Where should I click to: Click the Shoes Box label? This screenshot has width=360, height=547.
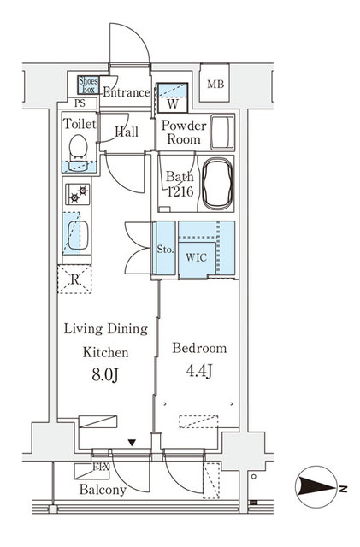tap(88, 85)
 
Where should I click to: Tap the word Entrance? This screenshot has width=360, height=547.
tap(126, 92)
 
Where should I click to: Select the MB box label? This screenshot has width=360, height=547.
tap(215, 84)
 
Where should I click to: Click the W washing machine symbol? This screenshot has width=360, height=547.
tap(172, 105)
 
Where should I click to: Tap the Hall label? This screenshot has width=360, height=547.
tap(127, 132)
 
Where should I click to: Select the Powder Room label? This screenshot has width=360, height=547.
tap(181, 132)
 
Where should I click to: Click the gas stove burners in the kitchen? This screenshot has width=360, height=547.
tap(78, 195)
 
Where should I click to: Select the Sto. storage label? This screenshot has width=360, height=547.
tap(166, 250)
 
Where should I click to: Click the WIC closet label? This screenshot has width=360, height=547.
tap(197, 256)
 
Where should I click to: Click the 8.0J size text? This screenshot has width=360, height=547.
tap(105, 374)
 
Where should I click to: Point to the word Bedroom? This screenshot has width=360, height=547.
tap(199, 348)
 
